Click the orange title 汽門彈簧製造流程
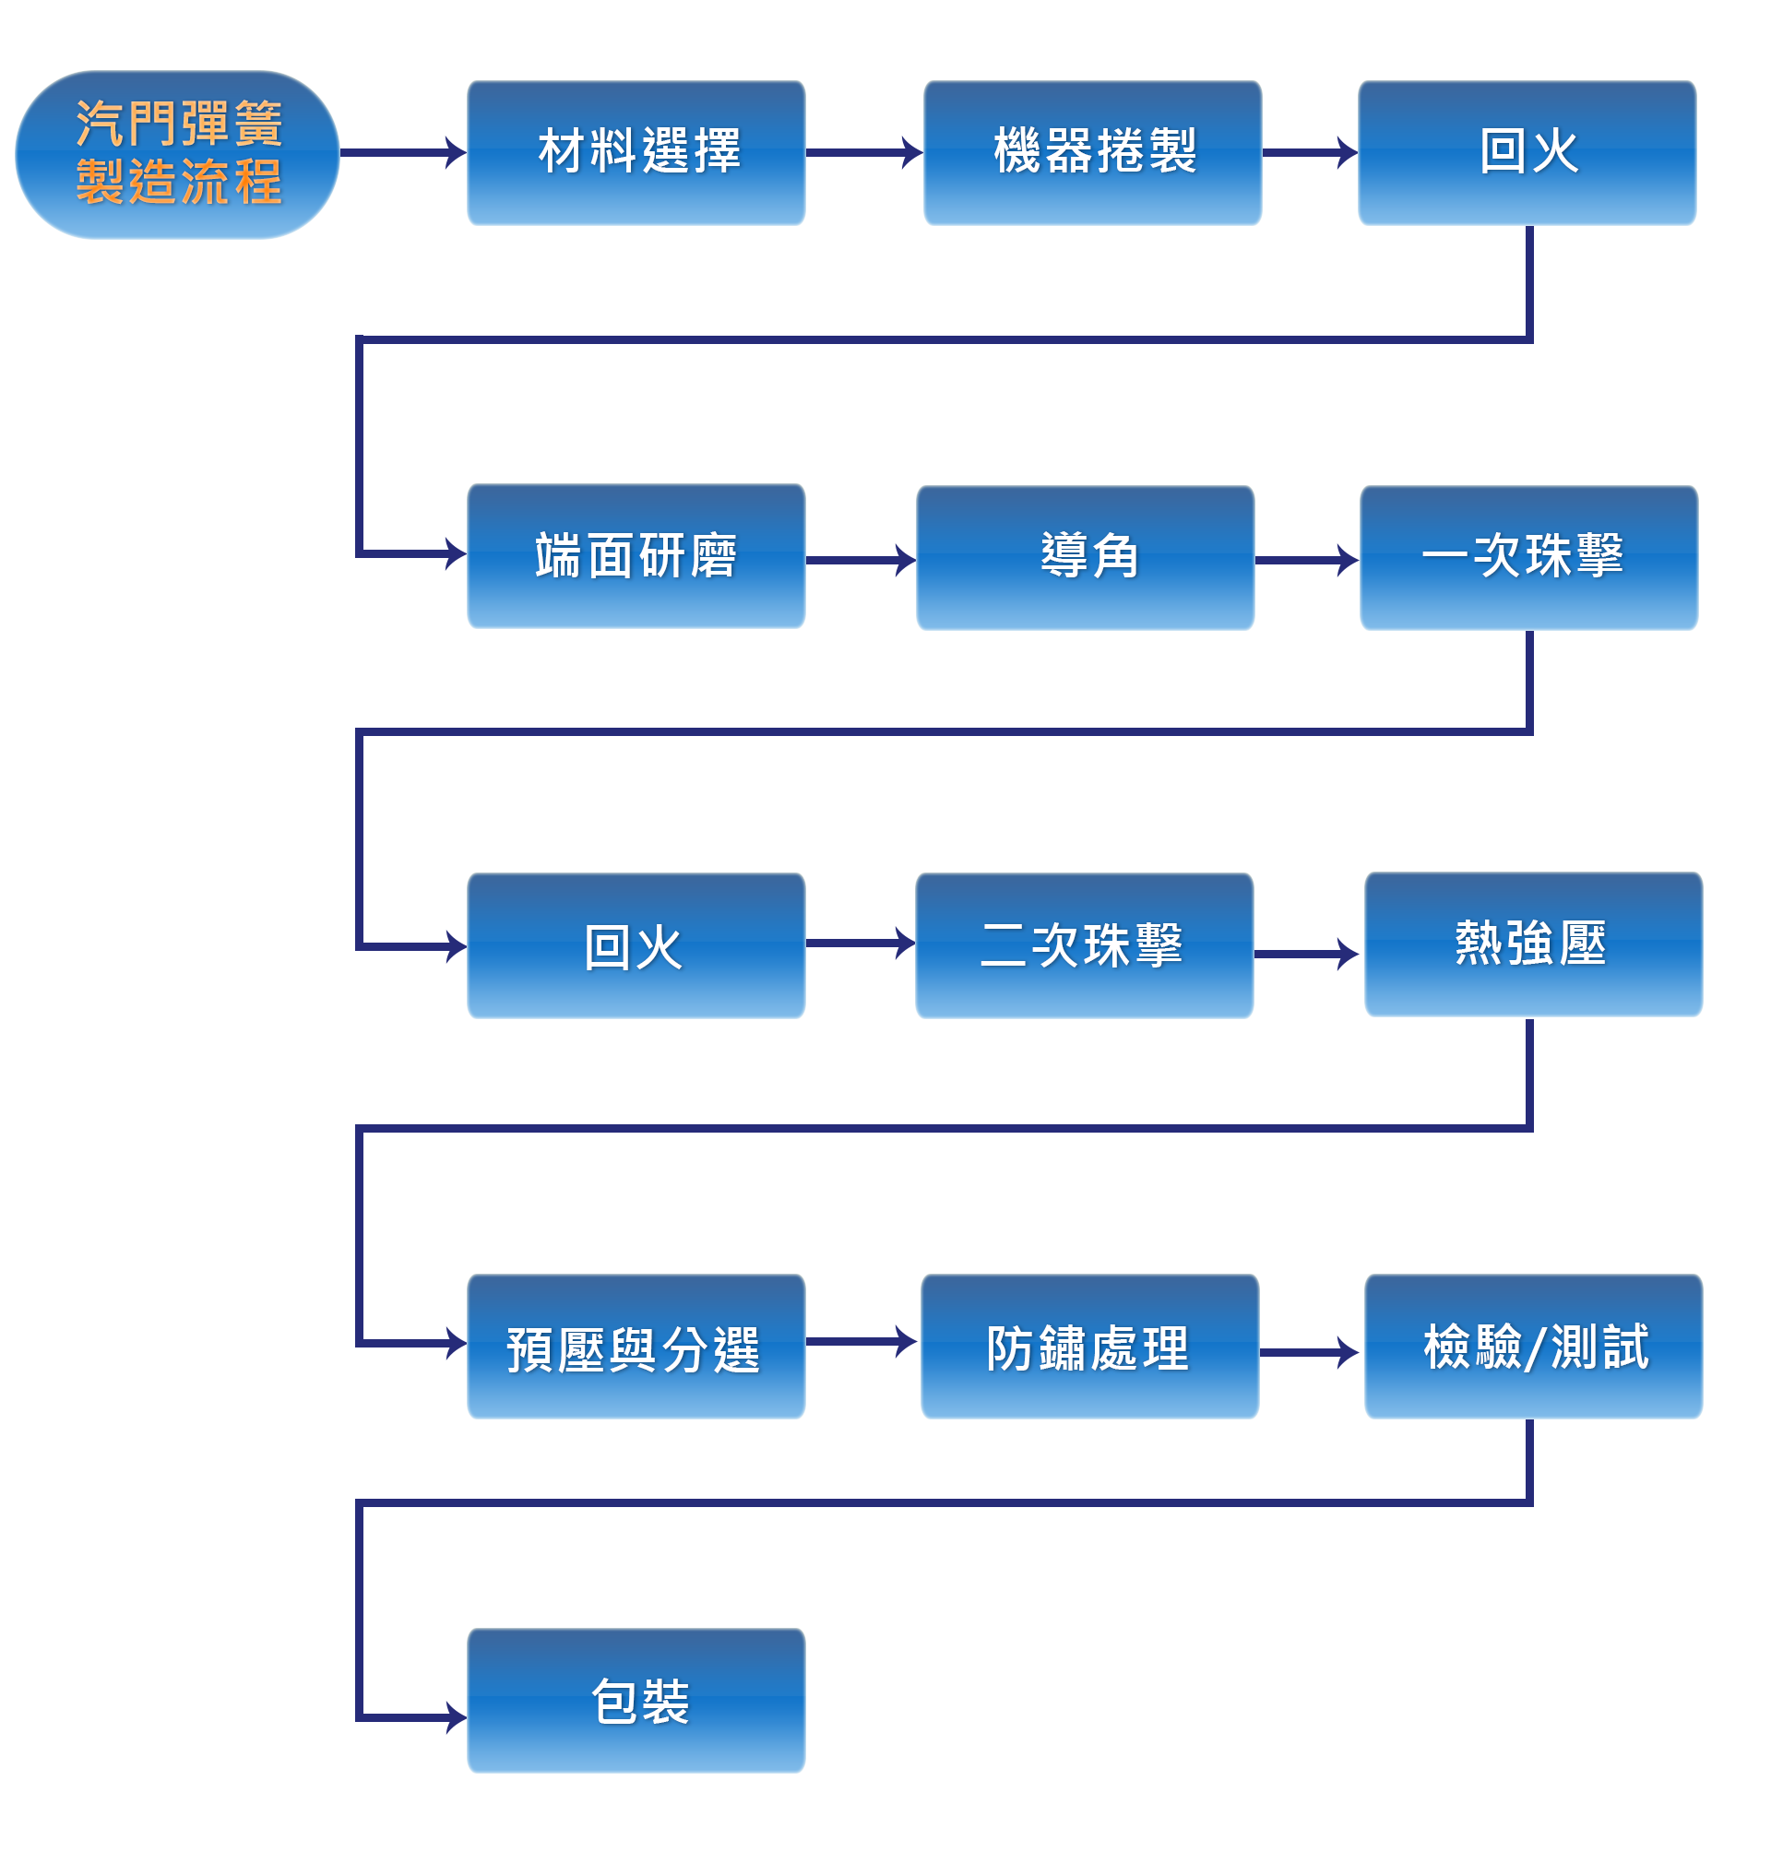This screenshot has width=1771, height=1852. [x=177, y=154]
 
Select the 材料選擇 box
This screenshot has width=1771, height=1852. [x=636, y=153]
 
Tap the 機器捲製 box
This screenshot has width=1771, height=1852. [x=1092, y=153]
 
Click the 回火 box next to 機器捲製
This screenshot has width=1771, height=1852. [x=1527, y=153]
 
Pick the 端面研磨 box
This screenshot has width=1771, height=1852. [x=636, y=556]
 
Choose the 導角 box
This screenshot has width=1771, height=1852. [x=1085, y=557]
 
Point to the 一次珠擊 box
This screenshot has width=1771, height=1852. [x=1528, y=557]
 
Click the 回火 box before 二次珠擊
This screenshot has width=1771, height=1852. [x=636, y=944]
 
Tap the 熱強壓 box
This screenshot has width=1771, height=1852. [x=1533, y=944]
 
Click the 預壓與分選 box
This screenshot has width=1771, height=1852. [x=636, y=1346]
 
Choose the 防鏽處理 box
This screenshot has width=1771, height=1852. [x=1089, y=1346]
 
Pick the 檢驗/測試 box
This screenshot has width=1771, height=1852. [x=1533, y=1347]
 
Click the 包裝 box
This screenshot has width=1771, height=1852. [x=636, y=1700]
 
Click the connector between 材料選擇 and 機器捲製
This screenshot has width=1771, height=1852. [x=886, y=152]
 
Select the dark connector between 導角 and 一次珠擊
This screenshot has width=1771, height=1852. [x=1323, y=560]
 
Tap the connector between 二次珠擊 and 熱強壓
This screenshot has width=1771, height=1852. [x=1323, y=954]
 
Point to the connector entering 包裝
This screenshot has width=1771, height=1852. [x=432, y=1717]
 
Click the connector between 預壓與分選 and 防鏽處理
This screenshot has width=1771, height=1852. [x=880, y=1341]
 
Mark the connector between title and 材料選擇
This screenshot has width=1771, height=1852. [x=430, y=152]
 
